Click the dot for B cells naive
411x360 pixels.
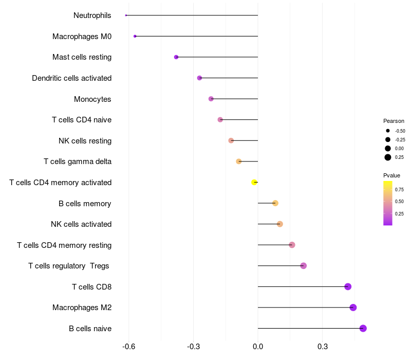(363, 328)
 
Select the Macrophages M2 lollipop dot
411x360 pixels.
(353, 308)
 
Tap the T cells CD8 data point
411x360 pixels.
(348, 286)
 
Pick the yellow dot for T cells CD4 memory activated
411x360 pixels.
(254, 182)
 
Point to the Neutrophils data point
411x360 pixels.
(126, 15)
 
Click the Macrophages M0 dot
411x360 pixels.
(135, 36)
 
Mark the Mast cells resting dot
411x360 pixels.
(176, 57)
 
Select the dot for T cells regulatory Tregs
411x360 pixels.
(304, 266)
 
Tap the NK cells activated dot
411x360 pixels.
(280, 224)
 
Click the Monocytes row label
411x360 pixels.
(92, 99)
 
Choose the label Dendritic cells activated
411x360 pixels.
(72, 78)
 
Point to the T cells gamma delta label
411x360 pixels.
(78, 161)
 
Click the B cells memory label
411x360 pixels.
(85, 203)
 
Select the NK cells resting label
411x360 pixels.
(85, 140)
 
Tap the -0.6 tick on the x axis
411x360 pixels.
(129, 347)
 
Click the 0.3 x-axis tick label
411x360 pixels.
(323, 347)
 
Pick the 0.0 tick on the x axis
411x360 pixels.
(258, 347)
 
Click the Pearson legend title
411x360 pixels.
(394, 121)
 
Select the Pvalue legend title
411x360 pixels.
(391, 175)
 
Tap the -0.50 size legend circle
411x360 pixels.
(388, 131)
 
